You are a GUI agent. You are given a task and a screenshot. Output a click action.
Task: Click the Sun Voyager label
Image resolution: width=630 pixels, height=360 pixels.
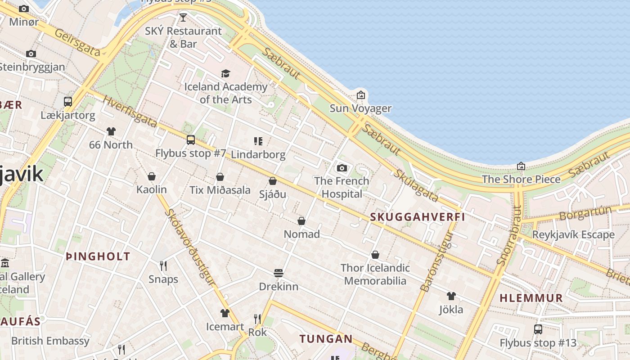(360, 108)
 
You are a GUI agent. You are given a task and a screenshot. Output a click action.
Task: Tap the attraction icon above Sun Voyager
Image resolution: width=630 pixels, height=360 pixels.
(360, 95)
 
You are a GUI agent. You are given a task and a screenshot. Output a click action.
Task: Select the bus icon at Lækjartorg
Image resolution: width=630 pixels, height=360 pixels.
(68, 102)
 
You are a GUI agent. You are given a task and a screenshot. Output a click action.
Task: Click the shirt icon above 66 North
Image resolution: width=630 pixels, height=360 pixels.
(111, 131)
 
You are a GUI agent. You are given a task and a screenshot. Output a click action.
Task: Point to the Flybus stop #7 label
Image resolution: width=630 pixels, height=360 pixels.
(190, 153)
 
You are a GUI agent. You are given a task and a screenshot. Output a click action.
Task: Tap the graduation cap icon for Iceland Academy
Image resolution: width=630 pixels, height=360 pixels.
(225, 73)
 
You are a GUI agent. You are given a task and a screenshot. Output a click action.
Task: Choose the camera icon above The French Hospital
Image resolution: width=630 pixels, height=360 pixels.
(342, 168)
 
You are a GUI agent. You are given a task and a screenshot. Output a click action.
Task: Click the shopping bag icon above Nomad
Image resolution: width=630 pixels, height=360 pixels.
(301, 221)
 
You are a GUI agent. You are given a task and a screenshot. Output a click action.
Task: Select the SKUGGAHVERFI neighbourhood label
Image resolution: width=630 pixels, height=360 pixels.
(417, 217)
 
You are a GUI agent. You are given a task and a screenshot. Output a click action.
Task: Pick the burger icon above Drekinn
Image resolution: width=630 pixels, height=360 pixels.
(279, 273)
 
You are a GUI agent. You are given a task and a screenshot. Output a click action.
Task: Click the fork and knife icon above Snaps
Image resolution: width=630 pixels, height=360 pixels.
(163, 266)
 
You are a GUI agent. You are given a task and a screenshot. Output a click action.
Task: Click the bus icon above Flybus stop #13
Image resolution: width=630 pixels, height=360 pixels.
(538, 329)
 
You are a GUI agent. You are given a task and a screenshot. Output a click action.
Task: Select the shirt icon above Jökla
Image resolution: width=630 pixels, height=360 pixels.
(451, 296)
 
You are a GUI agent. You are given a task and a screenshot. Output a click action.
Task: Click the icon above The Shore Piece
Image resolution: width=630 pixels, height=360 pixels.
(521, 166)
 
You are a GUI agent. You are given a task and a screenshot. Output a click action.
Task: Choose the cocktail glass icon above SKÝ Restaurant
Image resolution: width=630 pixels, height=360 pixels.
(183, 18)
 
